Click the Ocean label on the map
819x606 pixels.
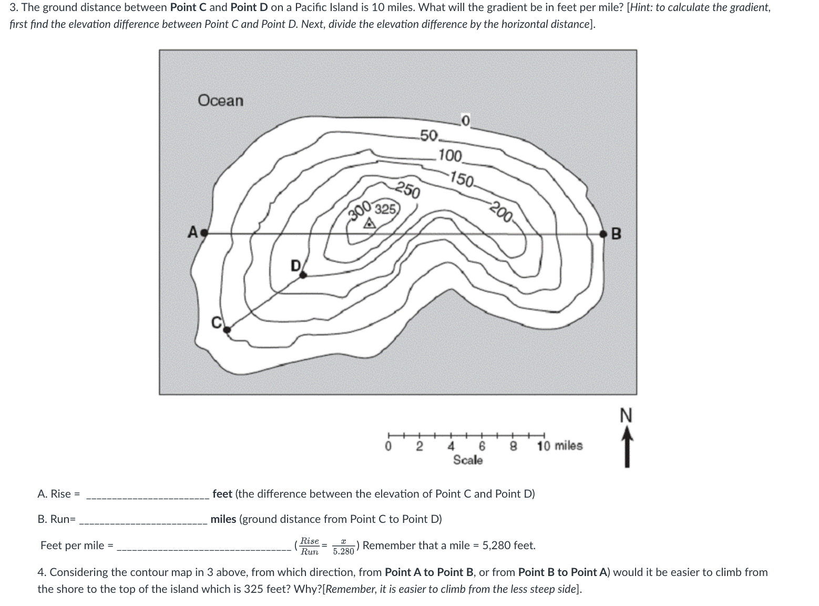[220, 100]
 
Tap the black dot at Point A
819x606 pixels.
[204, 233]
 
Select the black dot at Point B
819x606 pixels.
[605, 233]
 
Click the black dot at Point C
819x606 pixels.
[227, 329]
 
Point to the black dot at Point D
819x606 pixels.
[303, 274]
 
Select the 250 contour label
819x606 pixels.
[407, 190]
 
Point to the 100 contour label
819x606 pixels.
[450, 156]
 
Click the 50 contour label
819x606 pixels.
[429, 136]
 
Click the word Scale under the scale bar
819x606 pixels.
[468, 460]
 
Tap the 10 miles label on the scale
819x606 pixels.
[559, 446]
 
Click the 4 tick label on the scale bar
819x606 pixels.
[451, 447]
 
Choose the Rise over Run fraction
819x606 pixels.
[310, 546]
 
